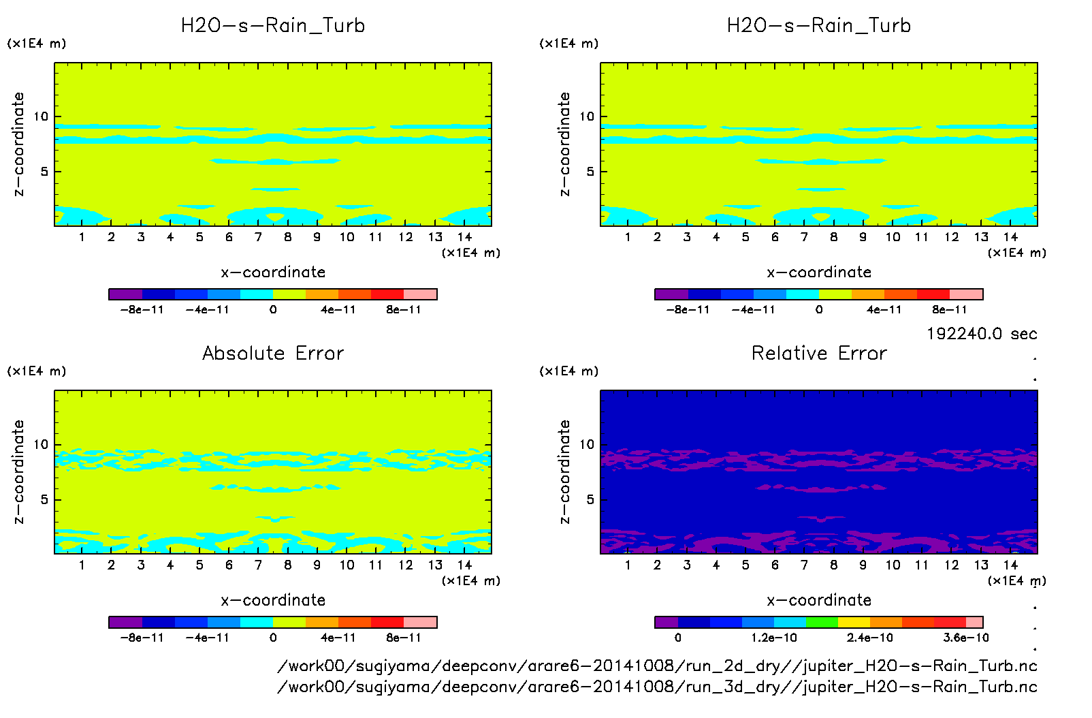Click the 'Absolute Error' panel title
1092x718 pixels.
(273, 353)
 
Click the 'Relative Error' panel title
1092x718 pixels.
(819, 353)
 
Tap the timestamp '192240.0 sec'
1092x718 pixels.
(982, 334)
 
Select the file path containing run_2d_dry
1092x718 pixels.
(657, 666)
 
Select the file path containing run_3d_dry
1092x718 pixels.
(657, 687)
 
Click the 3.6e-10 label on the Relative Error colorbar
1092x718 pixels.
(965, 638)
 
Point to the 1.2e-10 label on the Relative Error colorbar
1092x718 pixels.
(774, 638)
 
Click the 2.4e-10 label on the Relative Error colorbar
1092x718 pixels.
(869, 638)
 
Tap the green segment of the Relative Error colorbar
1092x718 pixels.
(821, 622)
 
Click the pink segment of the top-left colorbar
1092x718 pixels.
(420, 294)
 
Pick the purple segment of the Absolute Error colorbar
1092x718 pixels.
(125, 622)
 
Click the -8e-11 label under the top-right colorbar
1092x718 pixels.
(688, 310)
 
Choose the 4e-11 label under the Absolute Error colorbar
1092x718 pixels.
(338, 638)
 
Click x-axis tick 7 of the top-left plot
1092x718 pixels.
(258, 237)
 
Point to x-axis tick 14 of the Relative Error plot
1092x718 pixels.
(1010, 565)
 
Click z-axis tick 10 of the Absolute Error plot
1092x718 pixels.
(42, 444)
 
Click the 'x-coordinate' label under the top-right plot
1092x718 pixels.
(819, 272)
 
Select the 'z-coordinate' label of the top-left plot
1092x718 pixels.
(18, 144)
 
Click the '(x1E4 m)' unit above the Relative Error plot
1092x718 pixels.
(569, 371)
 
